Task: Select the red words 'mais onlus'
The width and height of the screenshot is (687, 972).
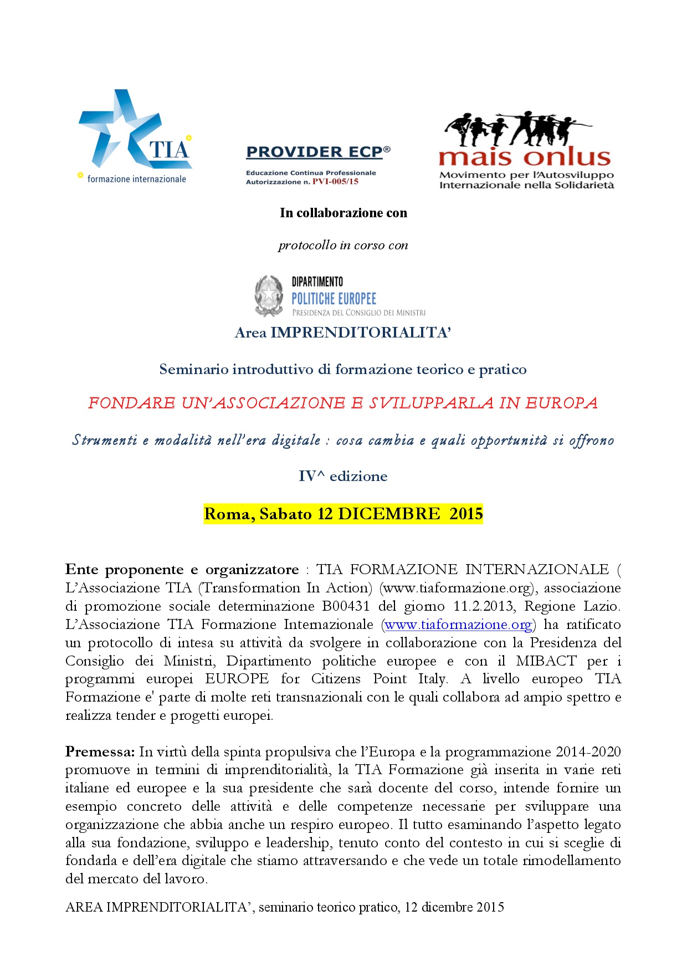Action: click(x=524, y=157)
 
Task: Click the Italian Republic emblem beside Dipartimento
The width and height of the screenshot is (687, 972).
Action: click(x=269, y=296)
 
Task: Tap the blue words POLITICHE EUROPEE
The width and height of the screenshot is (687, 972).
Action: click(x=334, y=299)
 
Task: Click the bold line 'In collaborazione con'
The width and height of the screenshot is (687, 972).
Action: click(x=343, y=213)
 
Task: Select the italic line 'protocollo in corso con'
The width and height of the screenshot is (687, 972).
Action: click(x=343, y=245)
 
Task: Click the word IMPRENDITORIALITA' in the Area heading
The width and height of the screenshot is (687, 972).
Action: click(x=361, y=332)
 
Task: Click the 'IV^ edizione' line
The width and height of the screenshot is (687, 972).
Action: click(x=343, y=477)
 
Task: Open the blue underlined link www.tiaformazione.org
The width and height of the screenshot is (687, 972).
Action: click(x=458, y=625)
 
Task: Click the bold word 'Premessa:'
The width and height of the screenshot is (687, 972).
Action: click(x=100, y=752)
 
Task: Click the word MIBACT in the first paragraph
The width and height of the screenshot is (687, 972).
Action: click(x=546, y=661)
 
